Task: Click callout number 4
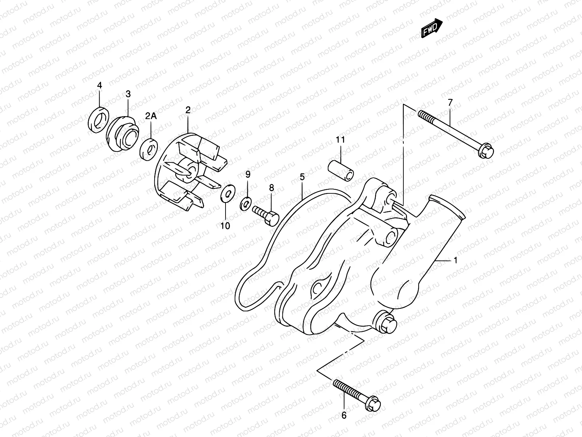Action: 99,86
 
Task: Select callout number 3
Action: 128,94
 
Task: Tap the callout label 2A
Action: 151,116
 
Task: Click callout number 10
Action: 225,226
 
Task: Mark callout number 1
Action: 455,260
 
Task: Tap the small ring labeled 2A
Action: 149,149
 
